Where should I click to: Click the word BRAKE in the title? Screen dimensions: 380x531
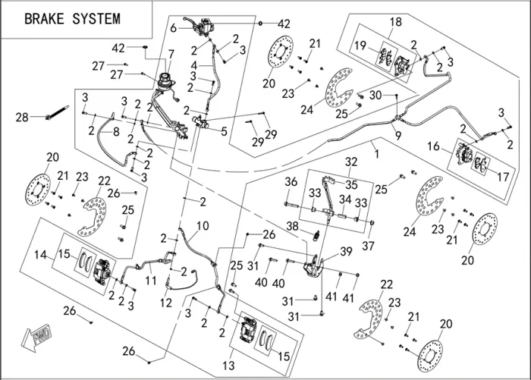tap(48, 18)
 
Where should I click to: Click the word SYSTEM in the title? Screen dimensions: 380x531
tap(101, 18)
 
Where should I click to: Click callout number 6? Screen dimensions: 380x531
tap(173, 28)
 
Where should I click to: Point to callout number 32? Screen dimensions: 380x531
tap(351, 162)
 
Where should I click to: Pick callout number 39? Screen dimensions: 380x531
tap(347, 250)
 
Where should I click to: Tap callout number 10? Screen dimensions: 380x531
tap(202, 225)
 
